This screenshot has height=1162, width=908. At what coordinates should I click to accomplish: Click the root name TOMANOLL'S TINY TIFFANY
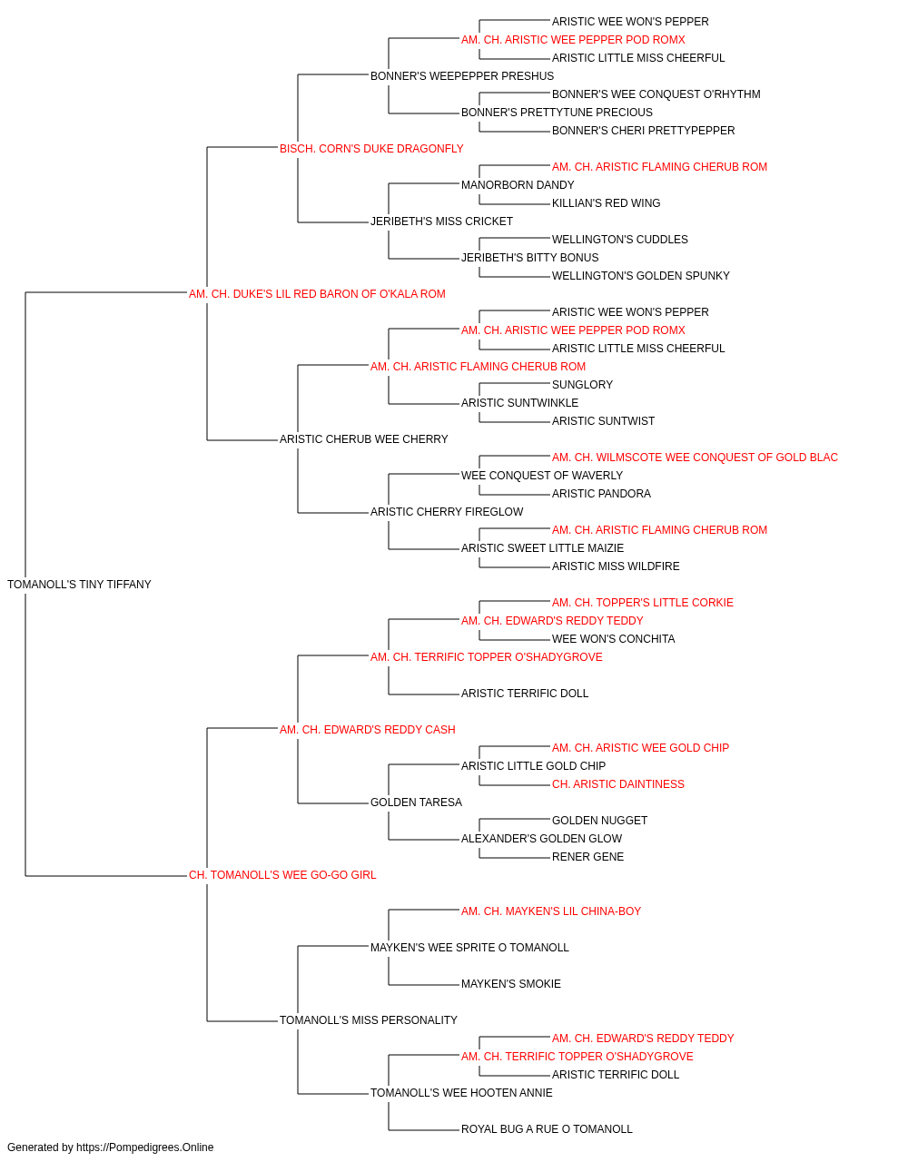pyautogui.click(x=79, y=585)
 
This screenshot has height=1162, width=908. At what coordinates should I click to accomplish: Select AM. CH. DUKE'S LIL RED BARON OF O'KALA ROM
pyautogui.click(x=317, y=294)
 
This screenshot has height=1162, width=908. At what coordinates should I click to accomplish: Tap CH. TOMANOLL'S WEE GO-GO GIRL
pyautogui.click(x=282, y=875)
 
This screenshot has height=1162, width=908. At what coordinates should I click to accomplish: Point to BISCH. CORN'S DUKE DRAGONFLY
pyautogui.click(x=371, y=149)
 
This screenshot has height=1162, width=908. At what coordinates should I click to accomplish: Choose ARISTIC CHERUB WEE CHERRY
pyautogui.click(x=363, y=439)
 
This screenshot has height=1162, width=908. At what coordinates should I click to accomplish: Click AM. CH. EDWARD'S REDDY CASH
pyautogui.click(x=368, y=729)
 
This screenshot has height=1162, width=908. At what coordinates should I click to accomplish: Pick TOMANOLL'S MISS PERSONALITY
pyautogui.click(x=369, y=1019)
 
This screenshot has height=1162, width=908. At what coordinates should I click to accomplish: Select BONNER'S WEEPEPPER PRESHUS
pyautogui.click(x=462, y=76)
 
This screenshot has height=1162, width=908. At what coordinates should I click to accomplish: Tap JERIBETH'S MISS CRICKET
pyautogui.click(x=441, y=222)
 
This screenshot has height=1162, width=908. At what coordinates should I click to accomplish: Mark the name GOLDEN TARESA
pyautogui.click(x=416, y=803)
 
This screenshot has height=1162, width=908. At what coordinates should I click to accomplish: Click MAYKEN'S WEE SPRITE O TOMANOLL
pyautogui.click(x=469, y=948)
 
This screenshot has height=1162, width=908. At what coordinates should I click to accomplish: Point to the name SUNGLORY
pyautogui.click(x=582, y=385)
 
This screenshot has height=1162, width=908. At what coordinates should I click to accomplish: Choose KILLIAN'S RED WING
pyautogui.click(x=606, y=203)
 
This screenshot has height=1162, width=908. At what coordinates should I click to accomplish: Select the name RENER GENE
pyautogui.click(x=587, y=857)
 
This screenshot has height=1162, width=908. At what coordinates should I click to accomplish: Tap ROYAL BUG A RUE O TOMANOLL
pyautogui.click(x=547, y=1128)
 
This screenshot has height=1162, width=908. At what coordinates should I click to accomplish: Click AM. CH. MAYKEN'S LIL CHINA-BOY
pyautogui.click(x=551, y=911)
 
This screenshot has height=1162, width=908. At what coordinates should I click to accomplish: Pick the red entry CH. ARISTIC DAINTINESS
pyautogui.click(x=618, y=784)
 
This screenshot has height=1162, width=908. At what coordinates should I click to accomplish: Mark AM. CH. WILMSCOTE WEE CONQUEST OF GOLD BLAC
pyautogui.click(x=695, y=458)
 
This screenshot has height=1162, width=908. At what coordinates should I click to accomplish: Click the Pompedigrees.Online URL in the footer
pyautogui.click(x=144, y=1147)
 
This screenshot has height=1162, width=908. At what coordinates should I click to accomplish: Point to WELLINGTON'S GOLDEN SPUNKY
pyautogui.click(x=641, y=276)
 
